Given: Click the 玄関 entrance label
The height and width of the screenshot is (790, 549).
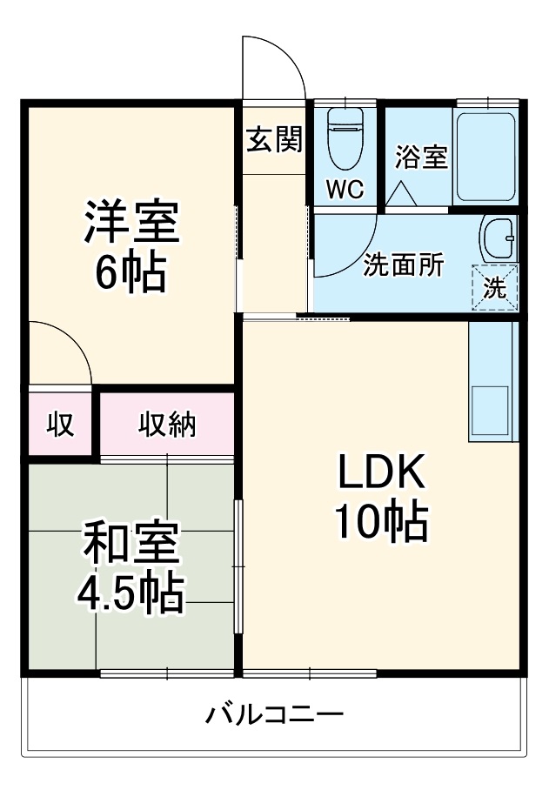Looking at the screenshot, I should [273, 139].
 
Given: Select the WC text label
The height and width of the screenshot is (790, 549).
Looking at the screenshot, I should [345, 189].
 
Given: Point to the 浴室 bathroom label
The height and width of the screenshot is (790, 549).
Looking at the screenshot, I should [421, 157].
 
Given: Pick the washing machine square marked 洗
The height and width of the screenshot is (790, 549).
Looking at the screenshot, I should [494, 287].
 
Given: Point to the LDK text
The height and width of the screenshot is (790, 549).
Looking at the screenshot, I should [380, 475].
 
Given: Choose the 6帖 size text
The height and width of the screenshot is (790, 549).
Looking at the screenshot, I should [131, 272].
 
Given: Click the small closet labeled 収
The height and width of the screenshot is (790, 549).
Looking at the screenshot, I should [60, 425].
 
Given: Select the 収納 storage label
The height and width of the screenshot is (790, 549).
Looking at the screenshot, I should [167, 425].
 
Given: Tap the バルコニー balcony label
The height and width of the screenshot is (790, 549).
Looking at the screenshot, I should [274, 716].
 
